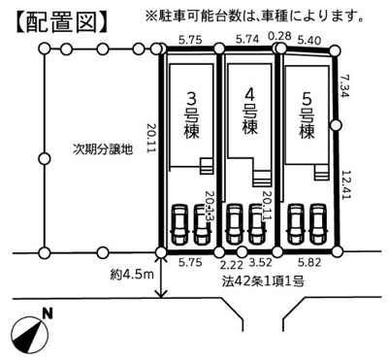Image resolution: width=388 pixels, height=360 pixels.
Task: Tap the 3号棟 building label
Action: (x=191, y=114)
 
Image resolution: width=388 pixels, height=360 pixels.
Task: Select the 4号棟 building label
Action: (x=249, y=114)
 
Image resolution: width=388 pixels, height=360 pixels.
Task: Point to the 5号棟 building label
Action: (x=307, y=114)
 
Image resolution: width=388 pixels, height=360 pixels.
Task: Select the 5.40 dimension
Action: (x=309, y=42)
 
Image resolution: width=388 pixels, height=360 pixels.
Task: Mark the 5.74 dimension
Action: (x=249, y=42)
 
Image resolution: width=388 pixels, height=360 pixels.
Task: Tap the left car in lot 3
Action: (x=179, y=228)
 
